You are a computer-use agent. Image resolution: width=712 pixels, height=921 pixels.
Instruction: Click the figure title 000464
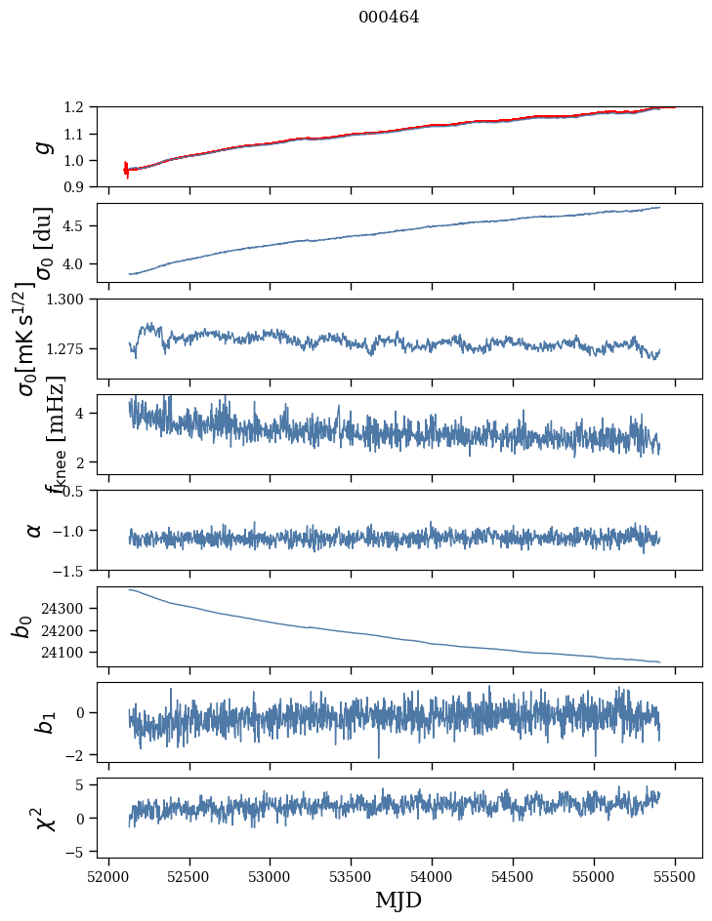coord(389,18)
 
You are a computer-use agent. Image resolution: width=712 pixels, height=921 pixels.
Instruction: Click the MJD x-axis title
coord(398,901)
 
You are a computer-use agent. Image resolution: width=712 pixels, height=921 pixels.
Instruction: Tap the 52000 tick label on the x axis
coord(108,875)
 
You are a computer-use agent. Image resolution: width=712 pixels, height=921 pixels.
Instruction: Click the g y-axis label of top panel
coord(42,146)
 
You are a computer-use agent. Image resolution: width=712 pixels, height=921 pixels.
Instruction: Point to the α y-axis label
coord(35,530)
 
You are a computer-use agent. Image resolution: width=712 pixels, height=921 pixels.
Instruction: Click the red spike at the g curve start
coord(126,169)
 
